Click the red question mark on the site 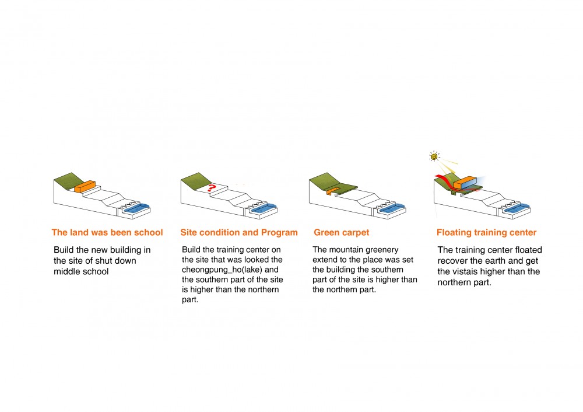[x=212, y=188]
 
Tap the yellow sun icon [x=434, y=156]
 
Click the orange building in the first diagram [x=85, y=187]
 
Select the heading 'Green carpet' [x=341, y=232]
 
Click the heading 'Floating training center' [x=486, y=232]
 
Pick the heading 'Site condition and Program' [x=239, y=232]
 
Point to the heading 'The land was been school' [x=107, y=232]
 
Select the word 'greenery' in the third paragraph [x=382, y=250]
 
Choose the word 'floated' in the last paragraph [x=521, y=250]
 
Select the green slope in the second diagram [x=195, y=181]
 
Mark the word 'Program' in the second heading [x=279, y=232]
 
